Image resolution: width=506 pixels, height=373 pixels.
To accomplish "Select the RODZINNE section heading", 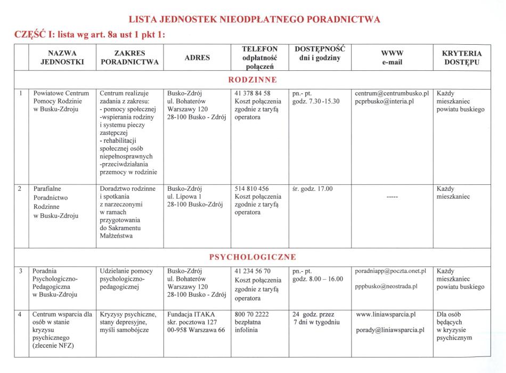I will point(252,80).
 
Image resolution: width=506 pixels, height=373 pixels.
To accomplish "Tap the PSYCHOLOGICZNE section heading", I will point(252,257).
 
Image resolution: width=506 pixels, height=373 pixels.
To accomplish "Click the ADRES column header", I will point(197,58).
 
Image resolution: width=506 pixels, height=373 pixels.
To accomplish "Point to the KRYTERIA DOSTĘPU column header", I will point(462,58).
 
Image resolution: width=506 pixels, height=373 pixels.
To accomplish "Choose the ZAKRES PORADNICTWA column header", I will point(129,58).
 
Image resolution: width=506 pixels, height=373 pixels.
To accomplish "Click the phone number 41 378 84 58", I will point(252,93).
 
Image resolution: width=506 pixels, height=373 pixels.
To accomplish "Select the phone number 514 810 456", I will point(251,189).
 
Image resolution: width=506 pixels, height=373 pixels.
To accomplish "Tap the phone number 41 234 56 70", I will point(252,271).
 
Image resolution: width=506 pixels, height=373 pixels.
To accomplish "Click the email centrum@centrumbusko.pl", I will point(391,93).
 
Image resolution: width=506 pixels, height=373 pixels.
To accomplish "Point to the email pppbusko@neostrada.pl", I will point(387,286).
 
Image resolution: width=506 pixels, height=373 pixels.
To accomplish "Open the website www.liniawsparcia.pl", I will point(386,314).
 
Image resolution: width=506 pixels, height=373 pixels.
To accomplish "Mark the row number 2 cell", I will point(20,189).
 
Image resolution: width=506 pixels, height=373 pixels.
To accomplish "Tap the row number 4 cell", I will point(20,314).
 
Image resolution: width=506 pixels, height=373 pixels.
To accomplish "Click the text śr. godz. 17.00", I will point(313,189).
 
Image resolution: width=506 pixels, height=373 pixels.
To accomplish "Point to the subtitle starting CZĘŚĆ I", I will point(87,35).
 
